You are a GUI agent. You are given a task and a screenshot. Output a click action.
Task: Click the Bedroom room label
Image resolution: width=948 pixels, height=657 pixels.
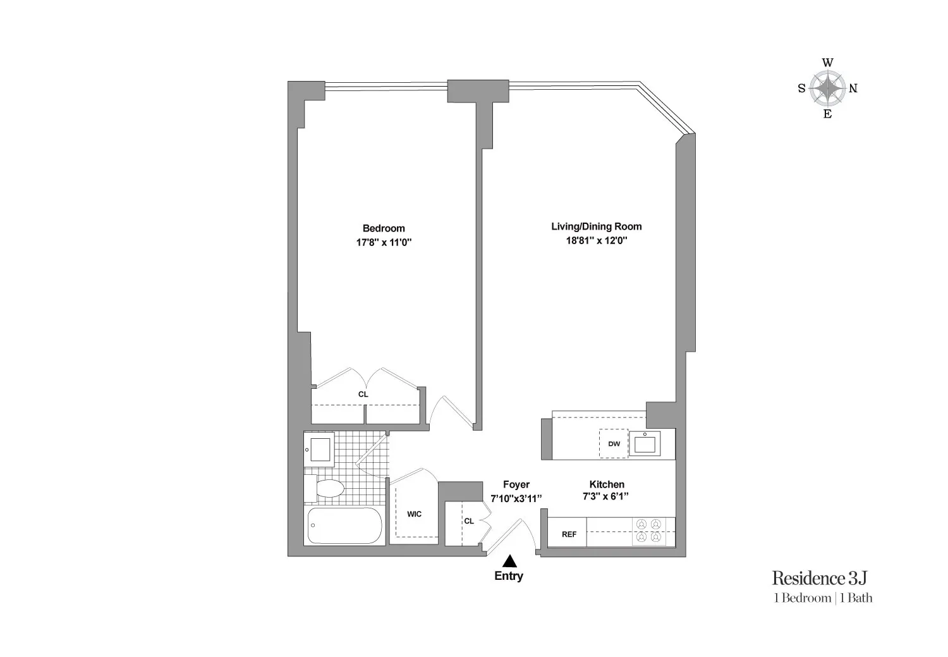click(384, 228)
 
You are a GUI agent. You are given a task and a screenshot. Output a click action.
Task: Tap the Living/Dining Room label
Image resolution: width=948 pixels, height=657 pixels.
click(596, 226)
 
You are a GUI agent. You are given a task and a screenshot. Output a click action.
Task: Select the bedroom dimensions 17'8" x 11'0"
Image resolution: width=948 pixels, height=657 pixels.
click(384, 242)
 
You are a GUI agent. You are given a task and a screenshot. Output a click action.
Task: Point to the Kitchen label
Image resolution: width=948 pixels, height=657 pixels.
click(607, 484)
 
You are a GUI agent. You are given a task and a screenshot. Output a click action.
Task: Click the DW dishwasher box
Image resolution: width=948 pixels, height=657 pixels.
click(614, 444)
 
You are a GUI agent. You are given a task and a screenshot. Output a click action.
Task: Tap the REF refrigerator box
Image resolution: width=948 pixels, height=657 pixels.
click(569, 534)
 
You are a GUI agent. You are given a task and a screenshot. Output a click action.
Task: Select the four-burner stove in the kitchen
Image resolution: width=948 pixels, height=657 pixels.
click(649, 531)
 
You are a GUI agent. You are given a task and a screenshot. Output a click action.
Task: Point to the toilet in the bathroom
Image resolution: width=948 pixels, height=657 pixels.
click(325, 488)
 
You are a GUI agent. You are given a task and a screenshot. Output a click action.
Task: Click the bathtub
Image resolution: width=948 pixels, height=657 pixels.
click(345, 526)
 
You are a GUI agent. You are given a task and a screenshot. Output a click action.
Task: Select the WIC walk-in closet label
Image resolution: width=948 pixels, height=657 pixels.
click(414, 514)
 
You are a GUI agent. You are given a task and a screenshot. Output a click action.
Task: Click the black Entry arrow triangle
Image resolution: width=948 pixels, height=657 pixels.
click(509, 561)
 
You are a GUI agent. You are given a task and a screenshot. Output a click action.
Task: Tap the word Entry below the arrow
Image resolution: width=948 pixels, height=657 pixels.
click(509, 576)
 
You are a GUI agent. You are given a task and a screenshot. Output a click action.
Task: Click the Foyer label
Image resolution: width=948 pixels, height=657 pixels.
click(516, 484)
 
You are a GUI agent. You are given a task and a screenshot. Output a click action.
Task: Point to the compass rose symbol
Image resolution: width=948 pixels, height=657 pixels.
click(827, 89)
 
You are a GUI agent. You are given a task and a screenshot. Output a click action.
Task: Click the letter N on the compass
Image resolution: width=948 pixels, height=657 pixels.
click(853, 89)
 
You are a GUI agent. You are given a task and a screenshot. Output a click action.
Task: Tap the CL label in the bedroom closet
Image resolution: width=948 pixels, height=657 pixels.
click(363, 394)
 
